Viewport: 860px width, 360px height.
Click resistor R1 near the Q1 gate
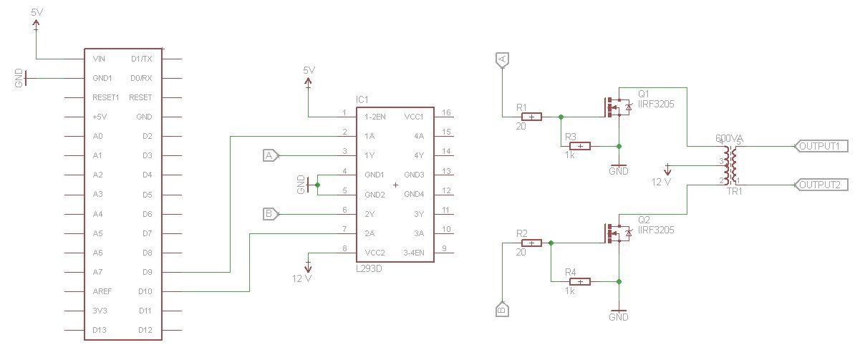[x=531, y=117]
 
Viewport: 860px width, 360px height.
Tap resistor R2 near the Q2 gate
[x=531, y=243]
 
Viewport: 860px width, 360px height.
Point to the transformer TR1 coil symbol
[x=730, y=165]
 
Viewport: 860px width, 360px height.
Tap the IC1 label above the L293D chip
[x=362, y=99]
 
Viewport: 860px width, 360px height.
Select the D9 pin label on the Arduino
[x=147, y=272]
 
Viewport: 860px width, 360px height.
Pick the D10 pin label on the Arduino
[x=145, y=291]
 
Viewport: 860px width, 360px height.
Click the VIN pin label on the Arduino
[x=100, y=59]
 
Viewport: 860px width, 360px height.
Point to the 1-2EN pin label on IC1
[x=375, y=116]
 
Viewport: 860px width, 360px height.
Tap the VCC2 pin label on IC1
[x=375, y=252]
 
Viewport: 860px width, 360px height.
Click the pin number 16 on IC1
[x=445, y=113]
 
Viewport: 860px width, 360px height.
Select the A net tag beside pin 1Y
[x=270, y=155]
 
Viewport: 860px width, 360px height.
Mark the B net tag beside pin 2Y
[x=270, y=213]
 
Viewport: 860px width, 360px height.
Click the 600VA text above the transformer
[x=730, y=138]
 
